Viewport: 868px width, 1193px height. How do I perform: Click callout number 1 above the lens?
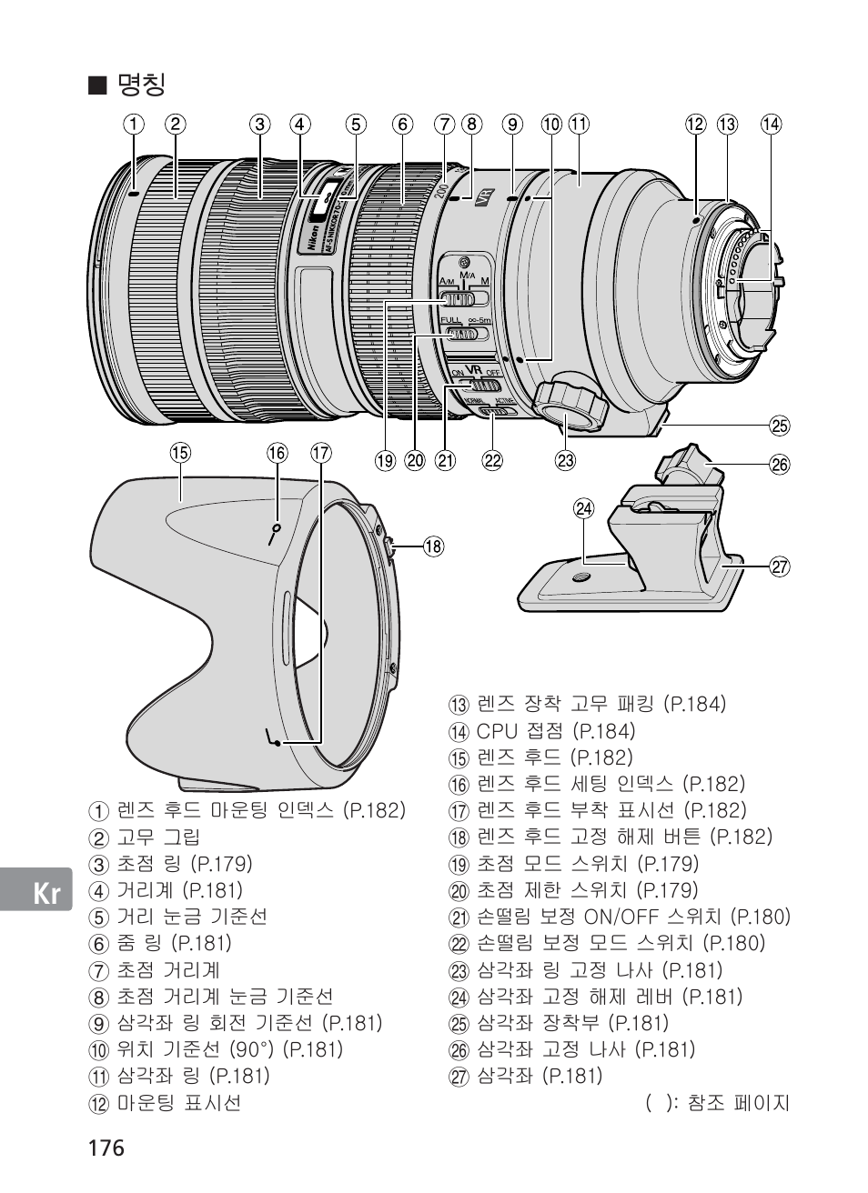point(134,125)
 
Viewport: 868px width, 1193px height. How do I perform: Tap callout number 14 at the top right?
point(771,125)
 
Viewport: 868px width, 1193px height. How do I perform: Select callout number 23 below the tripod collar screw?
point(566,460)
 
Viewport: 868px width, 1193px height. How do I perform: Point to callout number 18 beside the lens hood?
point(433,546)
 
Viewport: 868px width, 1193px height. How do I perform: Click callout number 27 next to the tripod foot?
point(780,567)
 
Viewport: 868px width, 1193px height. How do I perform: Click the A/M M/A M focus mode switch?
point(464,298)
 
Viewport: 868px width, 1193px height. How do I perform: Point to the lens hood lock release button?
point(388,547)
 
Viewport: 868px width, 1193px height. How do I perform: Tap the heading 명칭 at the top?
point(141,85)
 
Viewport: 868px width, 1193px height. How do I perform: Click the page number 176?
point(106,1148)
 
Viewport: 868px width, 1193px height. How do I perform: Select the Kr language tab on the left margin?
point(47,894)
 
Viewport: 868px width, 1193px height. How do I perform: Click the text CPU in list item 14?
point(498,731)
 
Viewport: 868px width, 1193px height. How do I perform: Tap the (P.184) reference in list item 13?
point(695,704)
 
